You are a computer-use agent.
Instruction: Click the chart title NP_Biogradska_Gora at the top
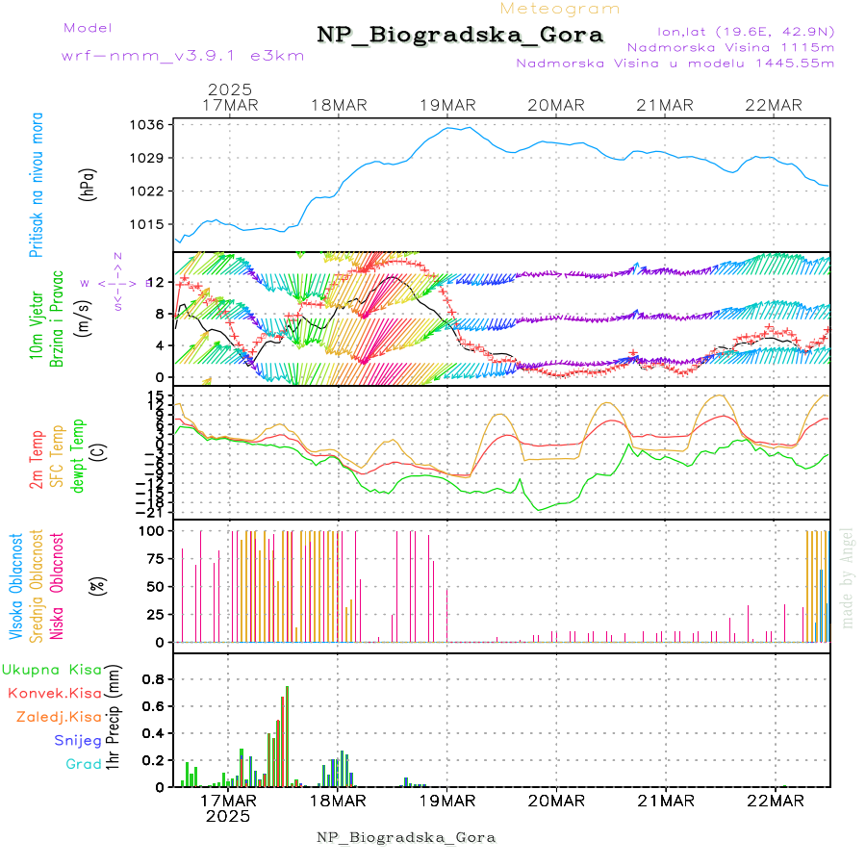[460, 36]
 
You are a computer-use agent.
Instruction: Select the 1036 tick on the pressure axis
[149, 125]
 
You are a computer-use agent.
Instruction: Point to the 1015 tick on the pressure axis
[149, 224]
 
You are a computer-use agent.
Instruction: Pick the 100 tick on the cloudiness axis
[153, 530]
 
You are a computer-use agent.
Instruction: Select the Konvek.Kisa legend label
[55, 693]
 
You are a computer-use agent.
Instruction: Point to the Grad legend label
[84, 765]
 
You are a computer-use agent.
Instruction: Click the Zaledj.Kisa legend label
[59, 717]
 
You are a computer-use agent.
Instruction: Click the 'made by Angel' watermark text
[848, 577]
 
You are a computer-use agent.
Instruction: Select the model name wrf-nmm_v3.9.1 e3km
[183, 55]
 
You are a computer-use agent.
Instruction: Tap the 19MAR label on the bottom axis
[446, 801]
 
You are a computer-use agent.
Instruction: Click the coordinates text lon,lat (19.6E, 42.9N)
[746, 30]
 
